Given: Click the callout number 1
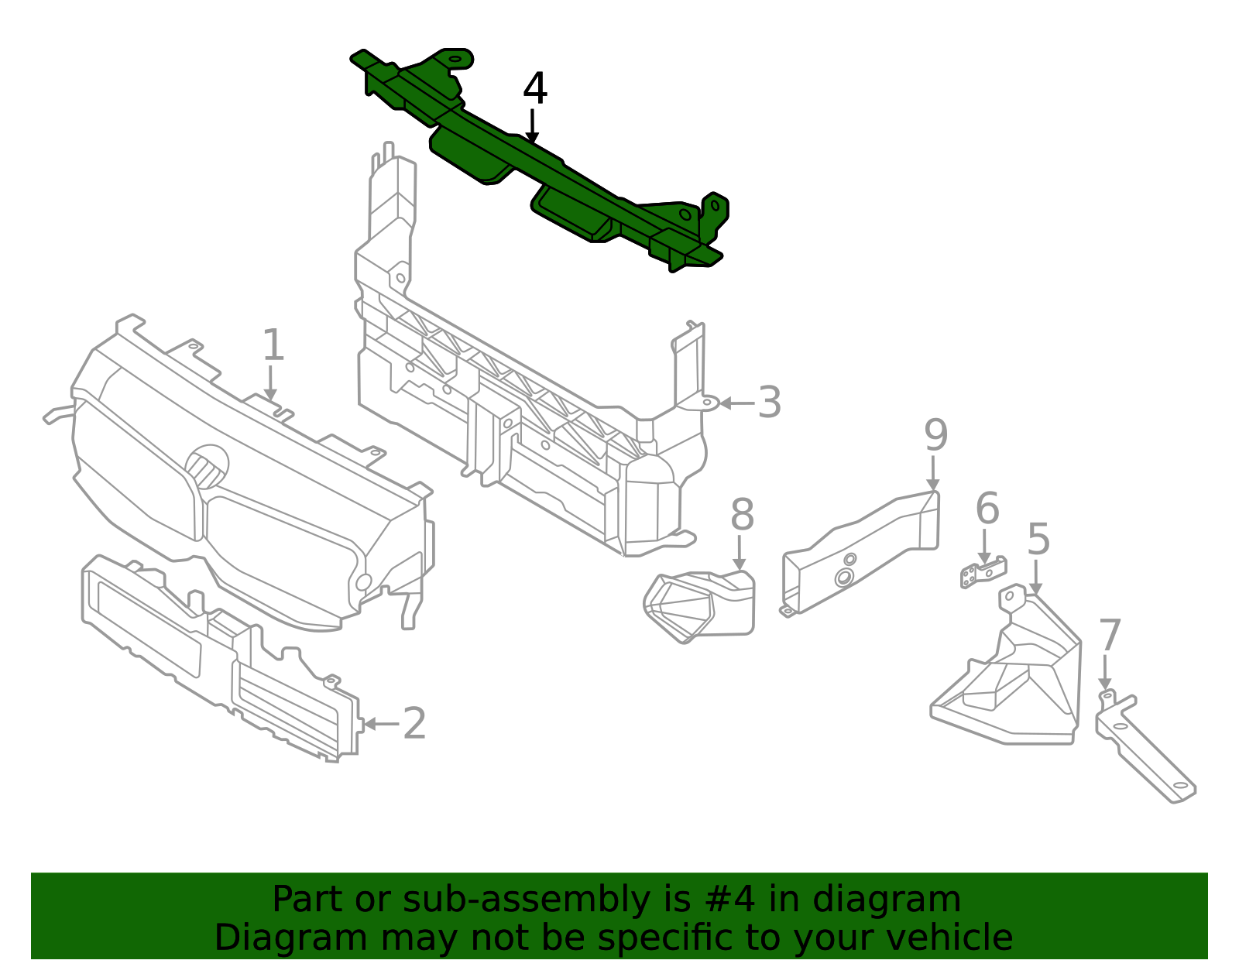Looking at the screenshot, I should [273, 345].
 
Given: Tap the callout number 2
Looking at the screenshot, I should [414, 724].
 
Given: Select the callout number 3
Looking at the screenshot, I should [769, 403].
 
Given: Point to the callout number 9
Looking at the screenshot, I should [935, 436].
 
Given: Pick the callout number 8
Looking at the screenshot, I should [741, 515].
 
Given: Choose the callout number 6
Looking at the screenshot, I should [987, 509].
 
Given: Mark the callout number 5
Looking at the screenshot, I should [1038, 540].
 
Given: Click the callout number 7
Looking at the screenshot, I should [1110, 636].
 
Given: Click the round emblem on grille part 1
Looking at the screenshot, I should [207, 466].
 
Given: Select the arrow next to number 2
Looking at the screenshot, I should [379, 724].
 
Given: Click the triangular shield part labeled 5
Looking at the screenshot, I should [1014, 681].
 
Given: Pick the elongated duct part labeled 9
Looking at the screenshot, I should [860, 554].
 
